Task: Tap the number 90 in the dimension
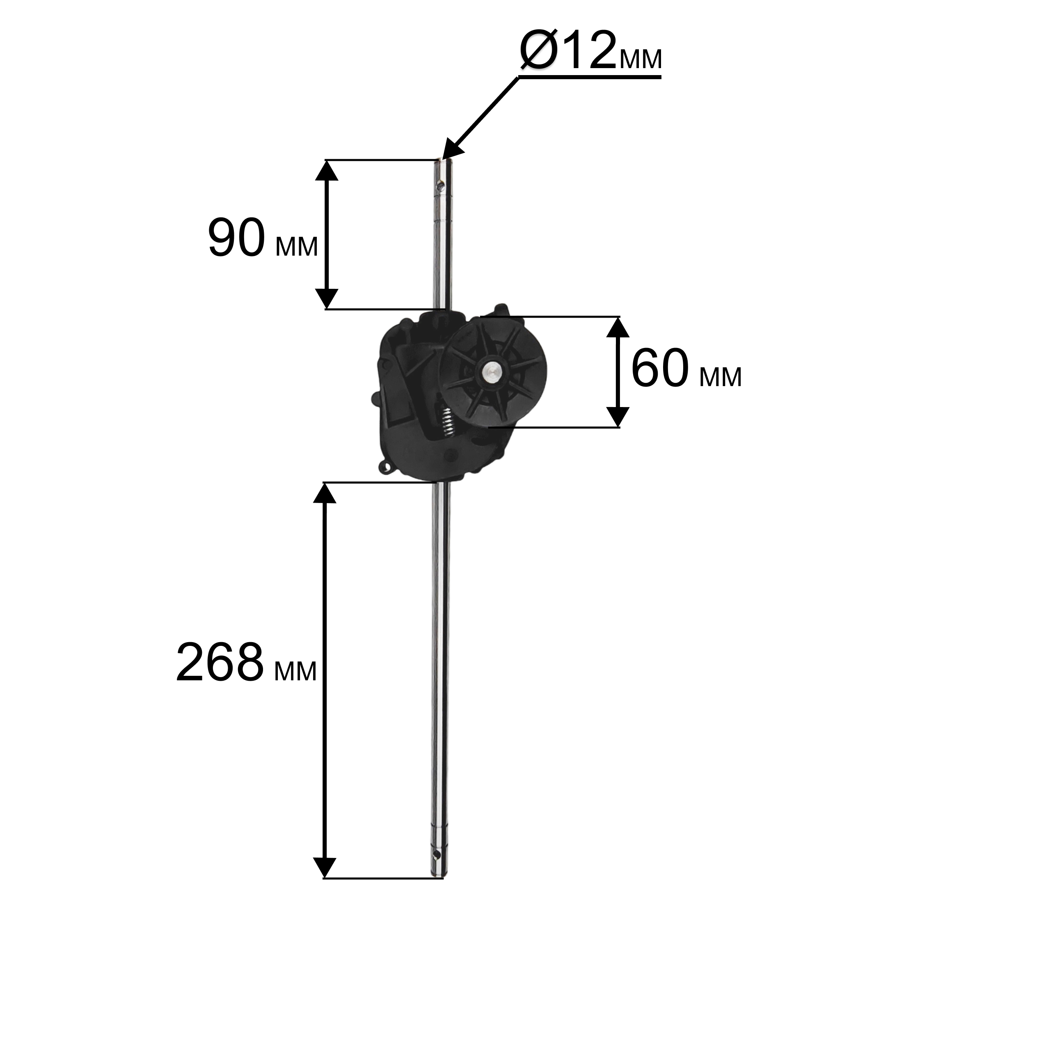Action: click(x=236, y=238)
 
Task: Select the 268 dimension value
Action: click(x=220, y=662)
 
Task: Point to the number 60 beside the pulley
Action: click(x=660, y=368)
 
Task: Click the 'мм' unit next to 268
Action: click(x=295, y=671)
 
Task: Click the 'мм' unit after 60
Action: click(x=721, y=377)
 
